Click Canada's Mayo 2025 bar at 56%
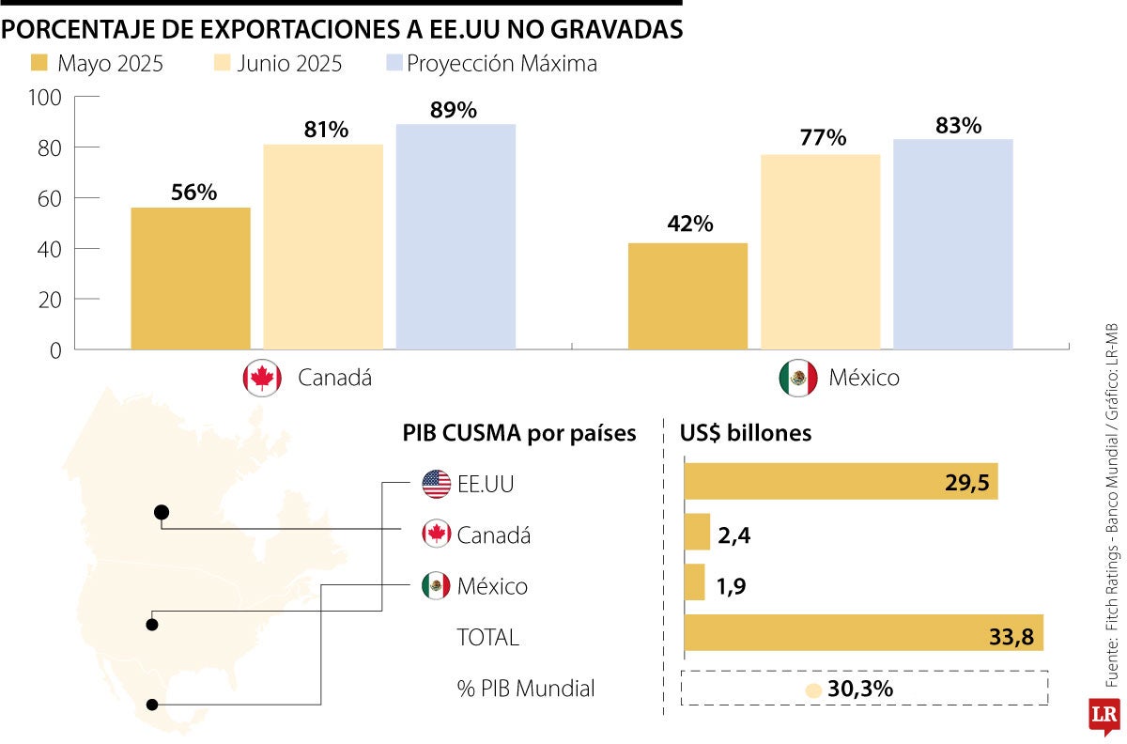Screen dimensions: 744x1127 191,278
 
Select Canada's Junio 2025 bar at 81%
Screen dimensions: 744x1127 323,247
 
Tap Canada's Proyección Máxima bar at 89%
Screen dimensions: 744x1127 455,237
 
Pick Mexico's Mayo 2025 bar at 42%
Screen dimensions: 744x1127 687,296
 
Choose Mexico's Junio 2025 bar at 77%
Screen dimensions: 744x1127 820,252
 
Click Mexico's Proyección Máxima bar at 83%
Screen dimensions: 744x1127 952,244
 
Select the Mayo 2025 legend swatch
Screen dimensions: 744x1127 39,64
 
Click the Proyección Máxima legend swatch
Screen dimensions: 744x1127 394,64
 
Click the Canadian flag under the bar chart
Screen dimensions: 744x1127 261,378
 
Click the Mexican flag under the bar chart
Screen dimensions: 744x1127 797,378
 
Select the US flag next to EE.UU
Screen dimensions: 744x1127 436,485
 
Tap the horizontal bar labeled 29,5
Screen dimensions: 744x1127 840,481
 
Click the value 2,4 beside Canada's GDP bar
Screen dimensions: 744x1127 735,535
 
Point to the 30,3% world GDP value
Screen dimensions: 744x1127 860,689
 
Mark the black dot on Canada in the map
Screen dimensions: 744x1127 162,512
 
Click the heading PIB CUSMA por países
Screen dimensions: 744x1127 519,433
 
